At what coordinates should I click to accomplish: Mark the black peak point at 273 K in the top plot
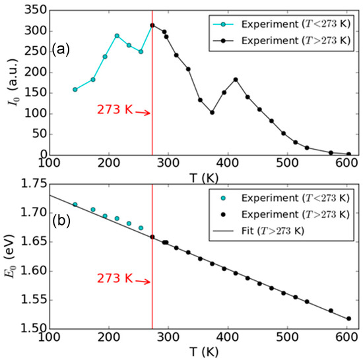pos(152,26)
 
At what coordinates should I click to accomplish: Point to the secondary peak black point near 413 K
pos(236,80)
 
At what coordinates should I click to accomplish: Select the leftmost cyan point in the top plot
pos(75,90)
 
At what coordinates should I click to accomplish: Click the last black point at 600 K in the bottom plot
pos(348,318)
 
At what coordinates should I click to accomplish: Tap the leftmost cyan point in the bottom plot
pos(75,204)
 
